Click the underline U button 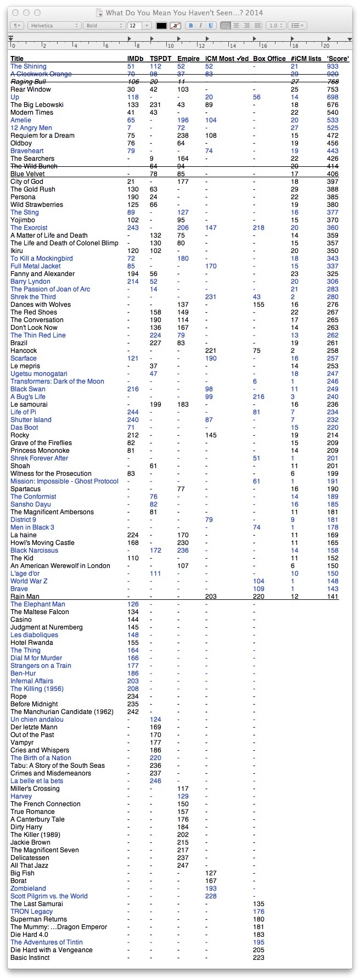211,25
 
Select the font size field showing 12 134,25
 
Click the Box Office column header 269,59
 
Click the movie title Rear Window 31,89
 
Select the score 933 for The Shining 333,66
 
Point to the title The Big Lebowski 37,105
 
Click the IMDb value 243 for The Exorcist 133,228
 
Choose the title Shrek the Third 33,297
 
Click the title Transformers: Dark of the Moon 57,381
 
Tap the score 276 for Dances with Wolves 333,305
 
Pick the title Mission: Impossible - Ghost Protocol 64,481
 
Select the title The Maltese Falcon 40,612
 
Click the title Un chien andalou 37,720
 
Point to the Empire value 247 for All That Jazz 183,865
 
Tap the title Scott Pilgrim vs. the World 49,896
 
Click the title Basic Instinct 30,958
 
